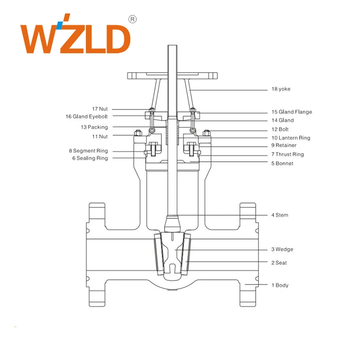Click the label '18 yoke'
[281, 89]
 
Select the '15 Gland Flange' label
[291, 112]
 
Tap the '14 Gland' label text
[282, 120]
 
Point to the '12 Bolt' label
[281, 130]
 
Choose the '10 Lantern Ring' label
[290, 138]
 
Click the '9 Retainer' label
[284, 145]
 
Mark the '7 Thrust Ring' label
[288, 155]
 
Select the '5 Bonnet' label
[282, 164]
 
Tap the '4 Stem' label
[280, 215]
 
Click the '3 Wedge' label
[282, 250]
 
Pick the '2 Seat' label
[280, 263]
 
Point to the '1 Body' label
[280, 285]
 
